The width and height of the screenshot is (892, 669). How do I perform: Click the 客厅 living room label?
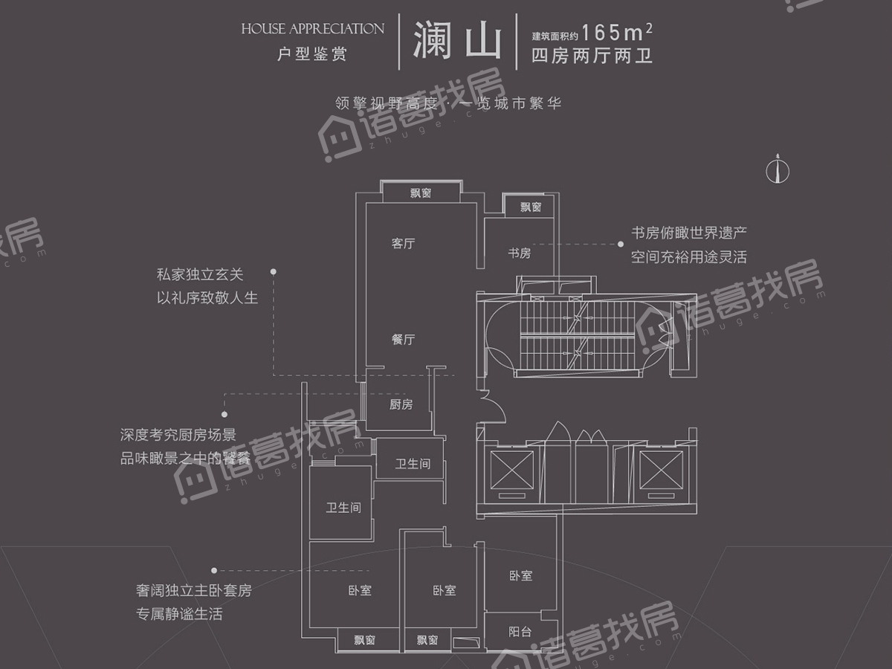403,243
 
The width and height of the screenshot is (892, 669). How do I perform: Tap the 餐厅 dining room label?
403,340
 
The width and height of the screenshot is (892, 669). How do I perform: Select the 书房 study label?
520,253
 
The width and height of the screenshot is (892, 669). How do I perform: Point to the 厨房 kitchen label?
401,404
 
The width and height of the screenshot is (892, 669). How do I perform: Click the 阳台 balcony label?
520,632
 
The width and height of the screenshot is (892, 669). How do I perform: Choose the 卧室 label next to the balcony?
520,575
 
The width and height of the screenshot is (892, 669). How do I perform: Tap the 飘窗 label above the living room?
421,193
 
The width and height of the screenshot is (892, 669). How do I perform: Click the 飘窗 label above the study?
531,207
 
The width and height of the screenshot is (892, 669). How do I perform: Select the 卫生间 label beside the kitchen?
413,464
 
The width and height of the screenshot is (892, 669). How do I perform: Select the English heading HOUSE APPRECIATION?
312,29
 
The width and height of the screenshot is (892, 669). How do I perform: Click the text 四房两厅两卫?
592,56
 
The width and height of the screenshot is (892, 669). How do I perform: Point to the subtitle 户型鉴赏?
311,54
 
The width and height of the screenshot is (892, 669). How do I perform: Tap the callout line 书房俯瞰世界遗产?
688,233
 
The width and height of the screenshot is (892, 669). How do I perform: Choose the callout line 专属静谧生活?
178,614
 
